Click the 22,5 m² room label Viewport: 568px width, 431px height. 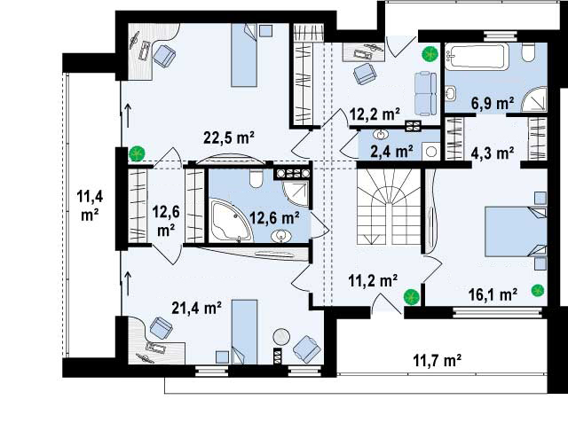pos(229,137)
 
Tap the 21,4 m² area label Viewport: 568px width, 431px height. pos(197,308)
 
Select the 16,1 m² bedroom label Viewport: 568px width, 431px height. pos(493,294)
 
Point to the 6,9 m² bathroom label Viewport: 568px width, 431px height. pos(493,104)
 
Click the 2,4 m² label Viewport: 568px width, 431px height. pos(391,152)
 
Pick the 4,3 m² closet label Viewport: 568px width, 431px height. pos(493,153)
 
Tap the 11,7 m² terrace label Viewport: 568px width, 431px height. pos(438,360)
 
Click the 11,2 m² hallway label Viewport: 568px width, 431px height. pos(373,279)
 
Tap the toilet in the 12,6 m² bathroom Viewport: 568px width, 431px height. pos(256,179)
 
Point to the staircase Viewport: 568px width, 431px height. pos(389,207)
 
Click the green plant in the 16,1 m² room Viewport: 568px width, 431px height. pos(538,290)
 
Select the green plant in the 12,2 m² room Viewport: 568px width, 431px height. pos(430,54)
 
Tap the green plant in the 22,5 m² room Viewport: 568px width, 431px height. pos(137,153)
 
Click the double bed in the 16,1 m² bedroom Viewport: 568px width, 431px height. pos(516,231)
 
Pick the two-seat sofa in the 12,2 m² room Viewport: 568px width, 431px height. pos(426,93)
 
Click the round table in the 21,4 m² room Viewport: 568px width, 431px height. pos(281,336)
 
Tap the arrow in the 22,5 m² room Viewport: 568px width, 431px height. pos(128,115)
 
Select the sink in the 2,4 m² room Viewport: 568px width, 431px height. pos(381,135)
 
